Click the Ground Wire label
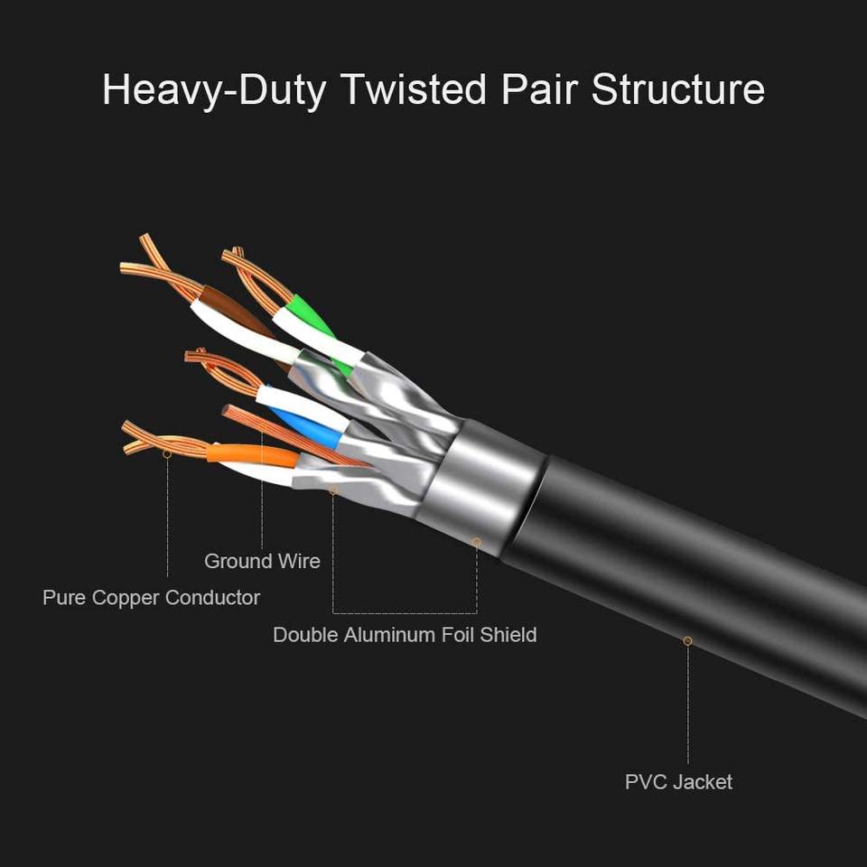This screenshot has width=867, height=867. (x=262, y=561)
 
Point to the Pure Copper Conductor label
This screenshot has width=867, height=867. (x=151, y=598)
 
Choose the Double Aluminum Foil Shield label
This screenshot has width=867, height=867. (x=405, y=635)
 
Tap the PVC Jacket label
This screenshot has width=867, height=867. (x=678, y=782)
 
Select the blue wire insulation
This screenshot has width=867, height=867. (x=307, y=424)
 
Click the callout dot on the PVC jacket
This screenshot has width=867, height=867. (x=687, y=640)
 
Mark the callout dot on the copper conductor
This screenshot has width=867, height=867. (x=167, y=454)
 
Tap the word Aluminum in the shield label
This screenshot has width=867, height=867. (x=398, y=635)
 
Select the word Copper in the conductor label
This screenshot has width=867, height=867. (x=126, y=598)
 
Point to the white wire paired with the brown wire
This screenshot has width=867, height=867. (x=239, y=330)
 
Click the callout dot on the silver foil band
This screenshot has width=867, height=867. (x=476, y=541)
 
